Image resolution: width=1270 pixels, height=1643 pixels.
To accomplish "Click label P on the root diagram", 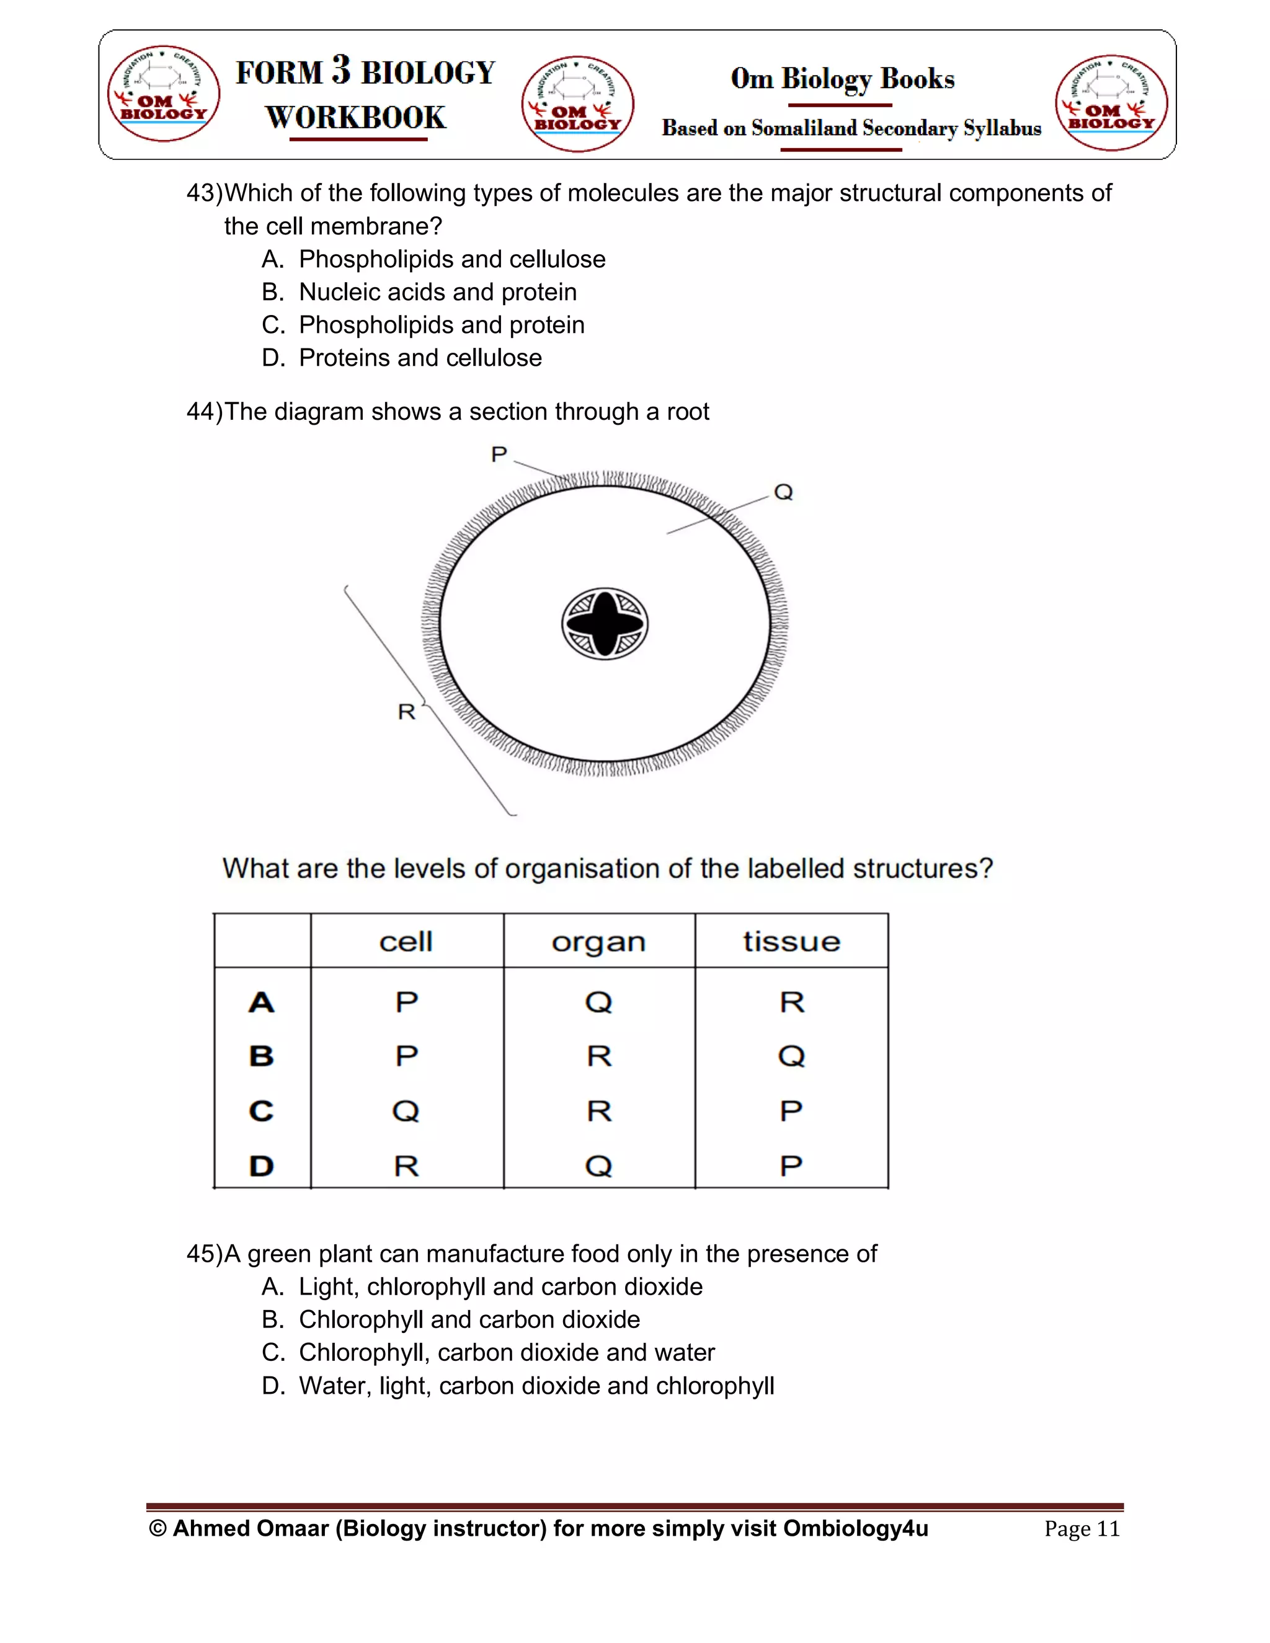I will tap(499, 454).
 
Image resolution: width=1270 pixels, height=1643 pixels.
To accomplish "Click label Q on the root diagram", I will tap(783, 492).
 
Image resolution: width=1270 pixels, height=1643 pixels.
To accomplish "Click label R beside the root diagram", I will tap(406, 711).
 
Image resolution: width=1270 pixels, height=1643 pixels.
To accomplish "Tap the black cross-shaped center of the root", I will tap(605, 624).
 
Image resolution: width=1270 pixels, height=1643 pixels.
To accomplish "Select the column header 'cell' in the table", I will tap(406, 942).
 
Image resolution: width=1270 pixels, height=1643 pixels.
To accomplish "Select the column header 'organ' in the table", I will tap(599, 942).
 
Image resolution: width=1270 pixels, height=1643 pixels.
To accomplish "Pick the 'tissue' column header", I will tap(791, 942).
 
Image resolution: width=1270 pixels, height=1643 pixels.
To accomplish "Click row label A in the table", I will tap(261, 1002).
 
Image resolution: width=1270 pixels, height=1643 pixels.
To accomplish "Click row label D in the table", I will tap(261, 1166).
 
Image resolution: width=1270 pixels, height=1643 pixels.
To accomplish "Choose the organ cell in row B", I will tap(599, 1056).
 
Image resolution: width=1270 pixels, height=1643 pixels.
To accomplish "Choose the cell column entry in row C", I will tap(406, 1111).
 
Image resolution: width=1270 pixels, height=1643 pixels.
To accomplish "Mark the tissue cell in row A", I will tap(791, 1002).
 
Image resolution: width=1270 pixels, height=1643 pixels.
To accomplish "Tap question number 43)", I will tap(204, 193).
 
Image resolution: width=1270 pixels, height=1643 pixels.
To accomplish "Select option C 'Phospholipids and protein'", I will tap(441, 325).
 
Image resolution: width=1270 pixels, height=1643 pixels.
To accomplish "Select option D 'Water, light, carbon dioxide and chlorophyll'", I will tap(536, 1385).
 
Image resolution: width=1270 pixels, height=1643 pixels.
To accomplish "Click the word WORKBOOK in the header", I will tap(356, 117).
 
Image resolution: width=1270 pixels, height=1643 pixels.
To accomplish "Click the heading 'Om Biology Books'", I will tap(842, 79).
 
